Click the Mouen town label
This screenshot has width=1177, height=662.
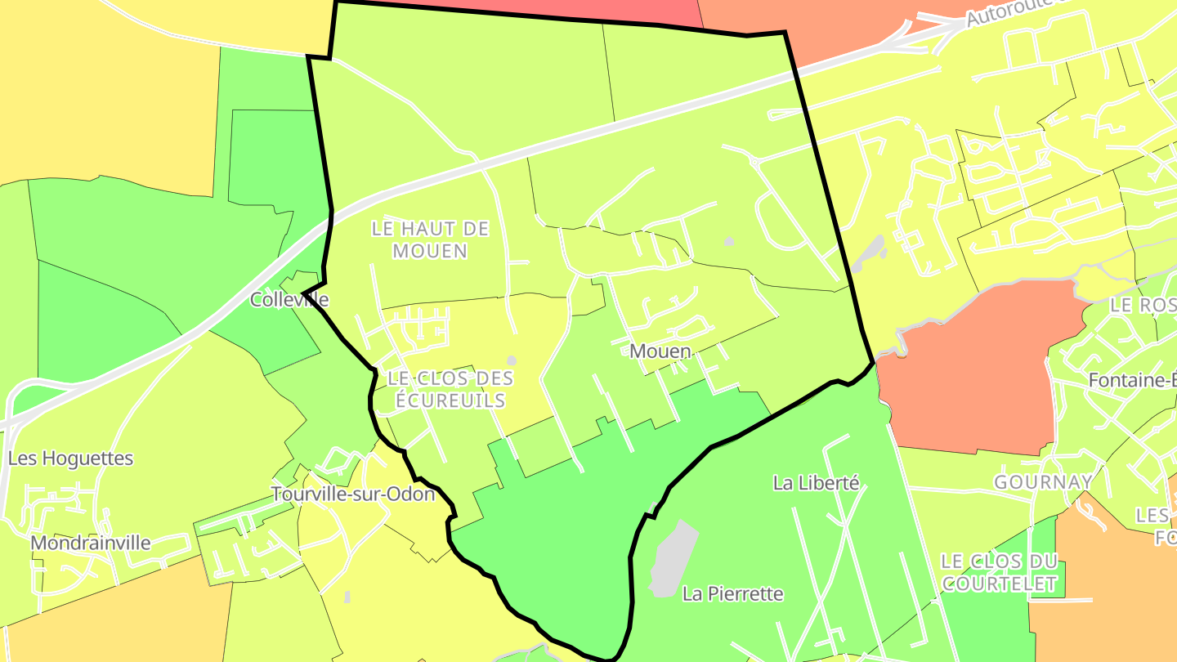point(660,351)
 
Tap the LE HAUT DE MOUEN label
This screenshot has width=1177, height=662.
point(430,239)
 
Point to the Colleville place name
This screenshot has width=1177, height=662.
point(289,300)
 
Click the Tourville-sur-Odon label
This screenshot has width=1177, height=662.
point(353,494)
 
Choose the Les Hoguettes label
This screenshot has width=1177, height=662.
point(70,458)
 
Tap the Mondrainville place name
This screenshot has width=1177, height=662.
point(91,543)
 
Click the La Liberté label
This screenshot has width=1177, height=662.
point(816,483)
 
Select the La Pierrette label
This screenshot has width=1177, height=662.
point(732,594)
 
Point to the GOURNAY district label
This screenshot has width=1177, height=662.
point(1043,482)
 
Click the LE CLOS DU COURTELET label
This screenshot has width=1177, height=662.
point(999,573)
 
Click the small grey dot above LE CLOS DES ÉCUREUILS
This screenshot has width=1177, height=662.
point(512,360)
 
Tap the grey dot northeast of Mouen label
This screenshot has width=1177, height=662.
point(728,241)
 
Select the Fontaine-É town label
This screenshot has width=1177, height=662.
point(1132,380)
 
